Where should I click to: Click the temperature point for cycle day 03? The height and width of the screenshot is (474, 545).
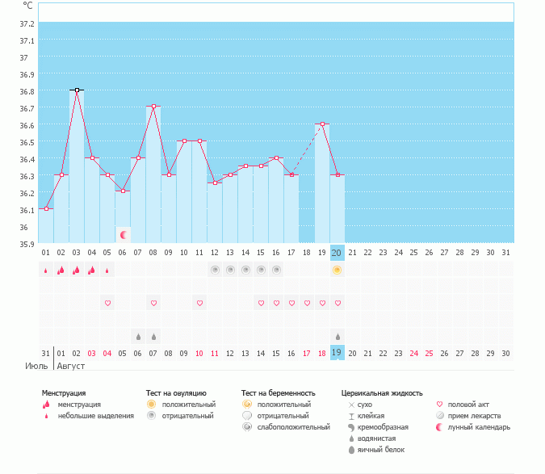click(77, 90)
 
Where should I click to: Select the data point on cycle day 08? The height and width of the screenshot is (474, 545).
click(153, 107)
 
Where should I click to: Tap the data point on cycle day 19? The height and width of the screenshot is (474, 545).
click(322, 124)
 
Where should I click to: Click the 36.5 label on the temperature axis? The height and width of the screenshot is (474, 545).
click(27, 142)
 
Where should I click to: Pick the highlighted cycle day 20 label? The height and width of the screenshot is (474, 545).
click(337, 253)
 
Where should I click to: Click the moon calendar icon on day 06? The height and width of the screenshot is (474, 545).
click(124, 235)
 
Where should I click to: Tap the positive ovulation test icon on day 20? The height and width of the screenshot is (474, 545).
click(337, 270)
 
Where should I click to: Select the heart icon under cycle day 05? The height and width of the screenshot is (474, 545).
click(107, 303)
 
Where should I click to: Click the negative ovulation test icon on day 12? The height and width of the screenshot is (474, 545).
click(215, 270)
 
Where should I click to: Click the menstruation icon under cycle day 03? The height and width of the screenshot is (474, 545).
click(77, 270)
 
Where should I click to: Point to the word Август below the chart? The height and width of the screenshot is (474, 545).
click(70, 366)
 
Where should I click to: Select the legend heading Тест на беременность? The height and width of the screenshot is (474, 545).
click(278, 393)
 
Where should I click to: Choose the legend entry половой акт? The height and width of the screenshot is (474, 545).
click(469, 404)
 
